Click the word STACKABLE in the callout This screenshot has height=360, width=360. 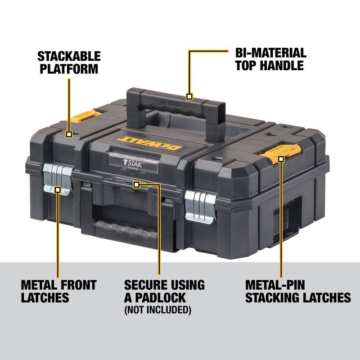68,57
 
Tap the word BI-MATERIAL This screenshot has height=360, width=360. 270,53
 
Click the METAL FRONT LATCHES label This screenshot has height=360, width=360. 58,291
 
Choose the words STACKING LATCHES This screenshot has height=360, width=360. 298,297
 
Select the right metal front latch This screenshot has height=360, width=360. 199,204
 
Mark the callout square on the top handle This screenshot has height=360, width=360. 189,96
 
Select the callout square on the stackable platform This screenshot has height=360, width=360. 69,134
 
